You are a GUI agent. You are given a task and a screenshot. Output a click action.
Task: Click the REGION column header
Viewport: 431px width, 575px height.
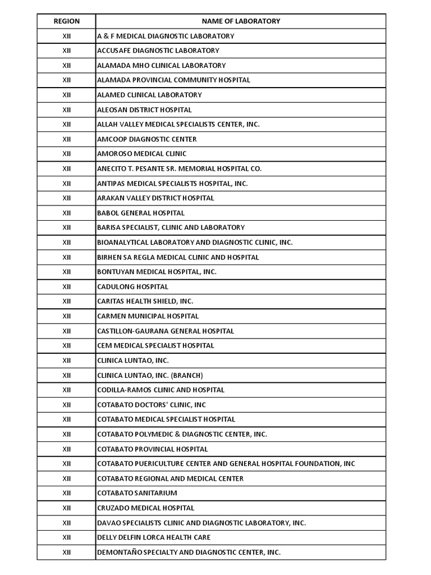point(67,21)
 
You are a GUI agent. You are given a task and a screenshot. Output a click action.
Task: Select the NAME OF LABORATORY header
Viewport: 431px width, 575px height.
point(241,21)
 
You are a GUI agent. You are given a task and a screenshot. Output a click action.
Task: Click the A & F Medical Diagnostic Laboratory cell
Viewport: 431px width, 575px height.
point(166,36)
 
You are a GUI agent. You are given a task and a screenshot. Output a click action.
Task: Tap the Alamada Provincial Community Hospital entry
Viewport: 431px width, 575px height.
point(173,80)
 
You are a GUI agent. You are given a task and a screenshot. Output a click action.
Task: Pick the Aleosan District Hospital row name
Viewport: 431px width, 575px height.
point(144,109)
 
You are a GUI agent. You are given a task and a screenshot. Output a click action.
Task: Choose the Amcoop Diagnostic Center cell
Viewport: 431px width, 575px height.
point(147,139)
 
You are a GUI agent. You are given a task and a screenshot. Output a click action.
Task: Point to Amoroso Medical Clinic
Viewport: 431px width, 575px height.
point(142,154)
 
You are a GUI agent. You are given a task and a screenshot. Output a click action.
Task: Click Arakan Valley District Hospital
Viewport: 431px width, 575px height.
point(155,198)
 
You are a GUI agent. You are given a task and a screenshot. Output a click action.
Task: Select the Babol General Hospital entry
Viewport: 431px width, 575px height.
point(141,213)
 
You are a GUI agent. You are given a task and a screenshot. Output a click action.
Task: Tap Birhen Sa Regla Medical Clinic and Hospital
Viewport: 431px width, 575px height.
point(178,257)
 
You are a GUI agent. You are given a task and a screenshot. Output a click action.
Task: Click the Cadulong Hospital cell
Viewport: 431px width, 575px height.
point(132,286)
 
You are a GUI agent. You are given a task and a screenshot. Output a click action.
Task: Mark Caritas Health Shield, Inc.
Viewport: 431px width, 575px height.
point(145,302)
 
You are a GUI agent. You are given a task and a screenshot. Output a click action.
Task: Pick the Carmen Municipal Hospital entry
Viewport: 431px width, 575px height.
point(148,316)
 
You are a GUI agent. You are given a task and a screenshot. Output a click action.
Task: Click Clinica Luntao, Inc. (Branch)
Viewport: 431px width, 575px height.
point(150,375)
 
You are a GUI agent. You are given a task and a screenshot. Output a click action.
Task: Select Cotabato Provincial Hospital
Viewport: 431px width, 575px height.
point(152,449)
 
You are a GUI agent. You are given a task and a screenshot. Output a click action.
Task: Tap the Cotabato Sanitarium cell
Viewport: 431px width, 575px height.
point(137,493)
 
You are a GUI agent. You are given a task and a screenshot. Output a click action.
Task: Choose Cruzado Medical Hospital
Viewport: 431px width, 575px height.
point(145,508)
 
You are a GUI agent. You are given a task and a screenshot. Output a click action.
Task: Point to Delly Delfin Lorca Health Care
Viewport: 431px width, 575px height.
point(154,537)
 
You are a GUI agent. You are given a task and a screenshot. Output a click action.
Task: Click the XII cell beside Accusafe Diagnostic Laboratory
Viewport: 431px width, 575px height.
point(67,51)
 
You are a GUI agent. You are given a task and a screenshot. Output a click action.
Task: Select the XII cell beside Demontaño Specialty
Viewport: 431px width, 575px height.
point(67,552)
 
